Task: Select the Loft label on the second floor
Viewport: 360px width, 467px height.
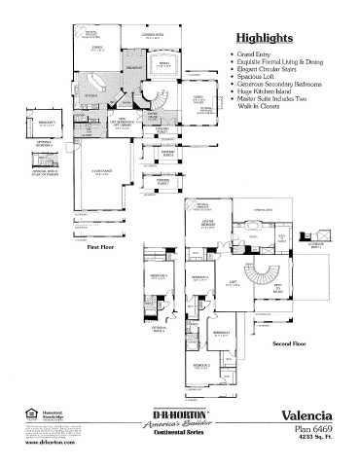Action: pos(233,283)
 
